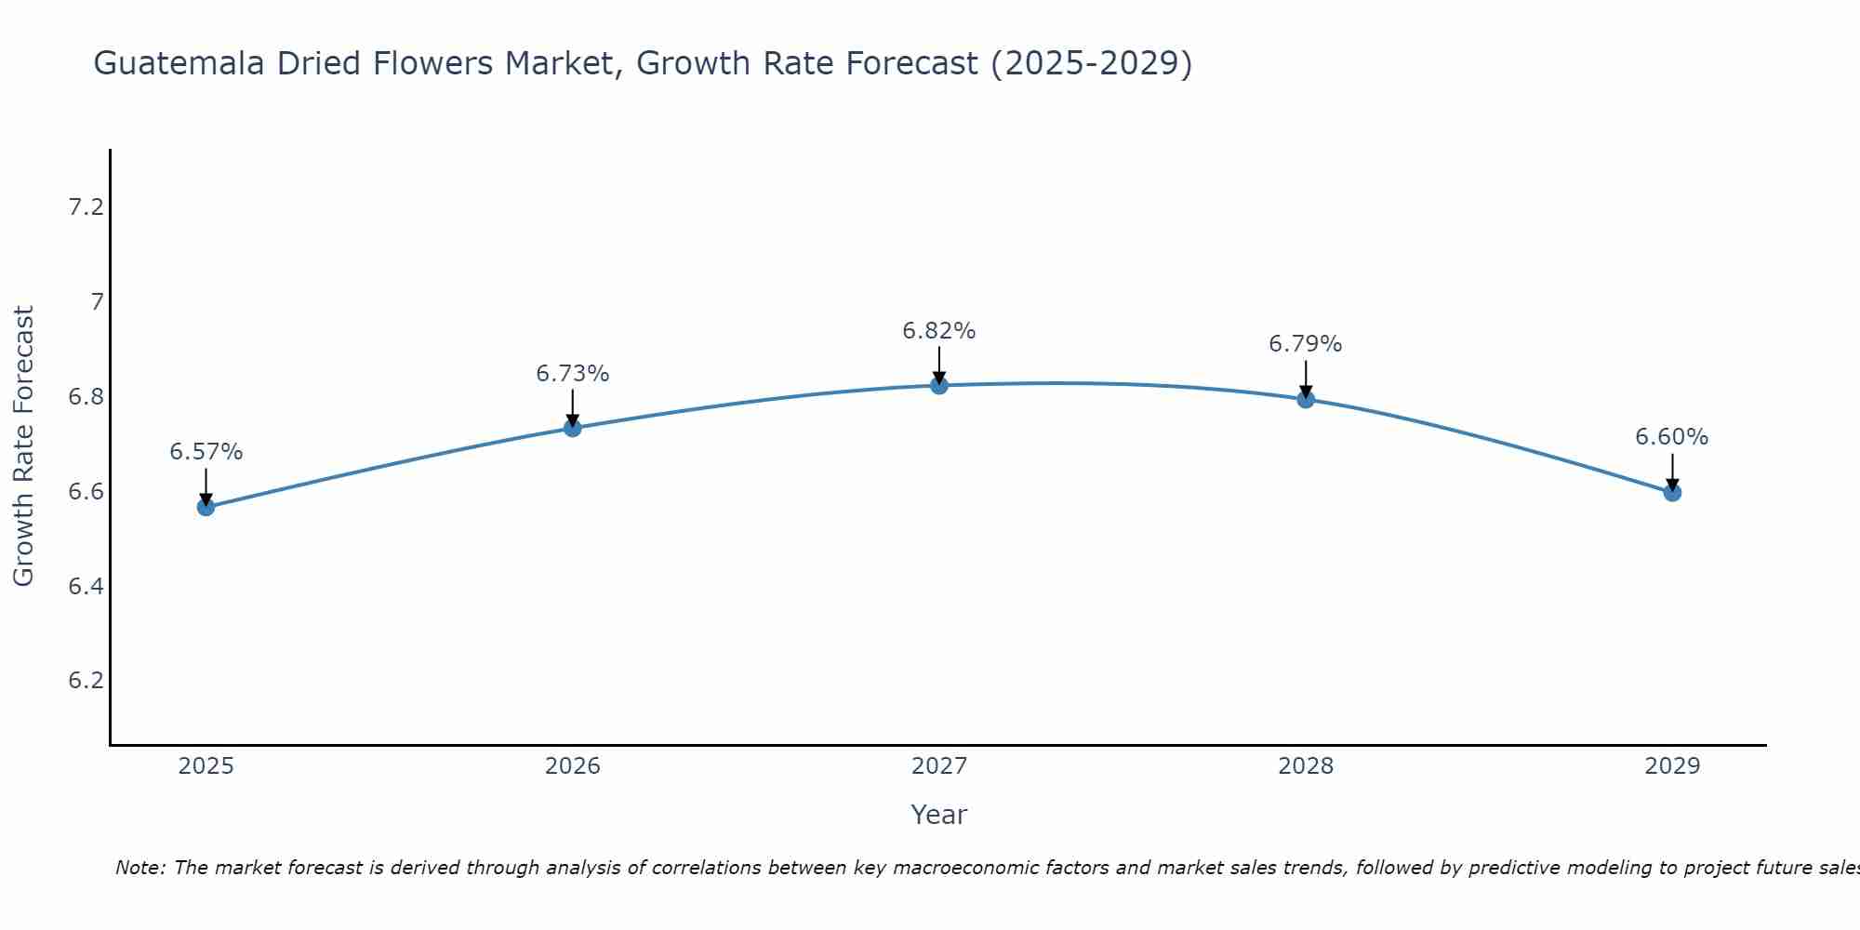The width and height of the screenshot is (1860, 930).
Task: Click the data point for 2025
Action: tap(206, 507)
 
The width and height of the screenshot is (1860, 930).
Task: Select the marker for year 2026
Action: tap(573, 428)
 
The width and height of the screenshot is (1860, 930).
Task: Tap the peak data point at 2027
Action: tap(939, 385)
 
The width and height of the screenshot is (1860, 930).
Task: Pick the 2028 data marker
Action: tap(1306, 399)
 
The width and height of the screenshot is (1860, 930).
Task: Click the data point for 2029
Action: tap(1672, 492)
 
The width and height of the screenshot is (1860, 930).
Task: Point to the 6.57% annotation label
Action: tap(206, 452)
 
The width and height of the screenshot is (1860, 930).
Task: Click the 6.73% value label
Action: tap(573, 374)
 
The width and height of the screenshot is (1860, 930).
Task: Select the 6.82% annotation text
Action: tap(939, 331)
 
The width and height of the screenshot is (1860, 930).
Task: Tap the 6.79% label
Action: tap(1306, 344)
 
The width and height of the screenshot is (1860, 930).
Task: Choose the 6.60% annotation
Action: tap(1672, 437)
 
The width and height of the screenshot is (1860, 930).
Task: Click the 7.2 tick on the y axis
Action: tap(86, 207)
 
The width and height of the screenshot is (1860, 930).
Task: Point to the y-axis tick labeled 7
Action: tap(97, 302)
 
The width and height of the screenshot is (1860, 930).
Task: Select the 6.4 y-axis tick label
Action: tap(86, 586)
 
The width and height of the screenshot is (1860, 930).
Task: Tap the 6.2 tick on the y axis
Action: tap(86, 681)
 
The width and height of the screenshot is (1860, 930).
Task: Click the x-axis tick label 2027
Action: tap(939, 766)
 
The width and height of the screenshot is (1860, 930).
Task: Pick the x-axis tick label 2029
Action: tap(1672, 766)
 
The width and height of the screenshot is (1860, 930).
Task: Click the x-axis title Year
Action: tap(939, 815)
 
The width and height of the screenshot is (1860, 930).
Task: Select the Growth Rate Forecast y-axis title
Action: tap(23, 446)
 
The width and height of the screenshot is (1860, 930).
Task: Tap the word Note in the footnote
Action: tap(139, 868)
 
